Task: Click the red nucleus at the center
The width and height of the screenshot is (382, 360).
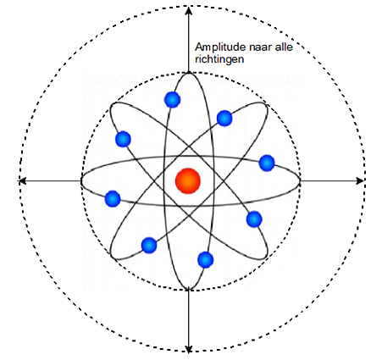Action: click(x=188, y=181)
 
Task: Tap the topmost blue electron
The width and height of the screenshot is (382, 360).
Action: click(x=172, y=100)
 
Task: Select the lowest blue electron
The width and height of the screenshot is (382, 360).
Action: click(x=206, y=260)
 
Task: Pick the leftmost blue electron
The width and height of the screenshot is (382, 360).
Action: click(x=113, y=199)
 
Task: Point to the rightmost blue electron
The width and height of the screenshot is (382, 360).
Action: click(x=267, y=163)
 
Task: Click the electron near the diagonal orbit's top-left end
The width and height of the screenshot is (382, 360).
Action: click(x=123, y=139)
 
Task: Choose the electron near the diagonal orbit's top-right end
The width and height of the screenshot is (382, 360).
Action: click(x=224, y=119)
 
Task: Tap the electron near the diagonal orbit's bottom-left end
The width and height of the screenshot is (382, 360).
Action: click(x=149, y=246)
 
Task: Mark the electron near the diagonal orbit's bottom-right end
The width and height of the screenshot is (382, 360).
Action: click(x=254, y=219)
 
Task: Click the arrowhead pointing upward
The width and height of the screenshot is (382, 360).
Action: click(x=189, y=10)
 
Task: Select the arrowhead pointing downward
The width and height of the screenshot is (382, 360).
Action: click(x=189, y=349)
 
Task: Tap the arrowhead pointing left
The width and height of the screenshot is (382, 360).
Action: click(x=22, y=180)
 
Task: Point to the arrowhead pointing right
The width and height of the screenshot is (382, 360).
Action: click(x=360, y=180)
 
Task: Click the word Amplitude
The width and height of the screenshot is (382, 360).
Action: click(x=220, y=47)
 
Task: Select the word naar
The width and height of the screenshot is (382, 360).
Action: click(x=261, y=47)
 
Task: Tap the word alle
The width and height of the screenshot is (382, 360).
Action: click(x=285, y=47)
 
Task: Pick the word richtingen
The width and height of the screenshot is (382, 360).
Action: click(x=219, y=60)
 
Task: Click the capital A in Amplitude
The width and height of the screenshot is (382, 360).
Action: click(x=199, y=47)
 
